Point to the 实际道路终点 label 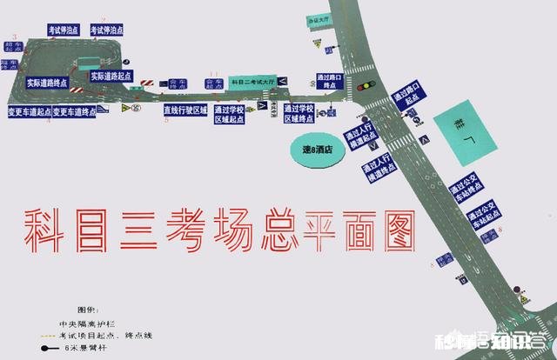coord(45,83)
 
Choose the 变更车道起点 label coord(28,112)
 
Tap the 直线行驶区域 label coord(185,110)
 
